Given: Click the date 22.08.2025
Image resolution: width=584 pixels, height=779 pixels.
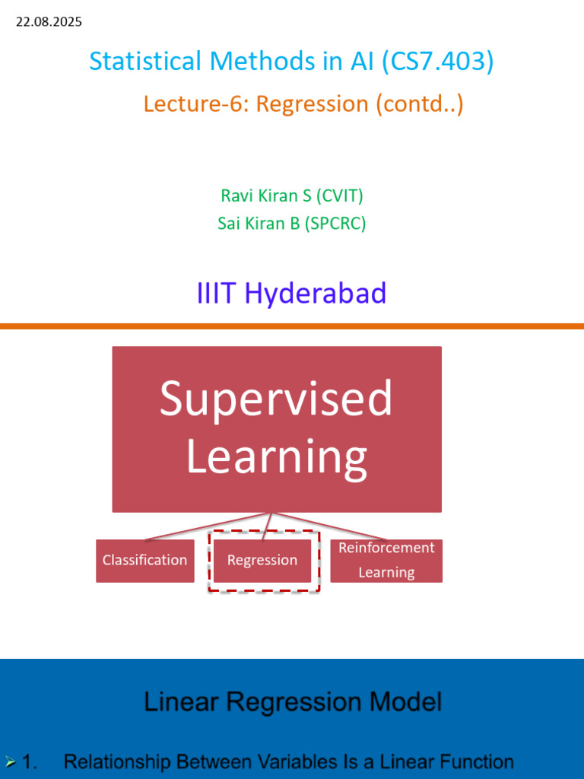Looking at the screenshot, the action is pyautogui.click(x=49, y=22).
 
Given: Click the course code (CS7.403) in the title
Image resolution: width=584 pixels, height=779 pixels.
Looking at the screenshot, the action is pyautogui.click(x=437, y=61).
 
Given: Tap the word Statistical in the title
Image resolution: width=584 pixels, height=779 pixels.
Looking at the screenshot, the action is pyautogui.click(x=147, y=61).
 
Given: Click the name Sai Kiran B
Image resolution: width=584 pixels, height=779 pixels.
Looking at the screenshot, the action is pyautogui.click(x=259, y=223).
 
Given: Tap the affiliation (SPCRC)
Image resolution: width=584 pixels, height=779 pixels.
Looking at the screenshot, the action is pyautogui.click(x=335, y=223).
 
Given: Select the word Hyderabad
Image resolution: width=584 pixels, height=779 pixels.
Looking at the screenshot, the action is pyautogui.click(x=316, y=293).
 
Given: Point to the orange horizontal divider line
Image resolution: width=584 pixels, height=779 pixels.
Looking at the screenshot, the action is pyautogui.click(x=292, y=326).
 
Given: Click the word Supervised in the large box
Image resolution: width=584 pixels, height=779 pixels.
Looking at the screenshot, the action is pyautogui.click(x=276, y=399).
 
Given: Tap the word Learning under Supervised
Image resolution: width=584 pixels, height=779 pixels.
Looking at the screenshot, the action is pyautogui.click(x=277, y=456).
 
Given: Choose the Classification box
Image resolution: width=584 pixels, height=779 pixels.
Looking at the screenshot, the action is pyautogui.click(x=145, y=561).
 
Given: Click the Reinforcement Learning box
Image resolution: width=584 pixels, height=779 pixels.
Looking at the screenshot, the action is pyautogui.click(x=386, y=561).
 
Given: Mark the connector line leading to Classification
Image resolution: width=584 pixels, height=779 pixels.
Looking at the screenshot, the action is pyautogui.click(x=208, y=526).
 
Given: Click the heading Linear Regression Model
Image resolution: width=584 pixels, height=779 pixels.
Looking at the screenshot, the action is pyautogui.click(x=293, y=702).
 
